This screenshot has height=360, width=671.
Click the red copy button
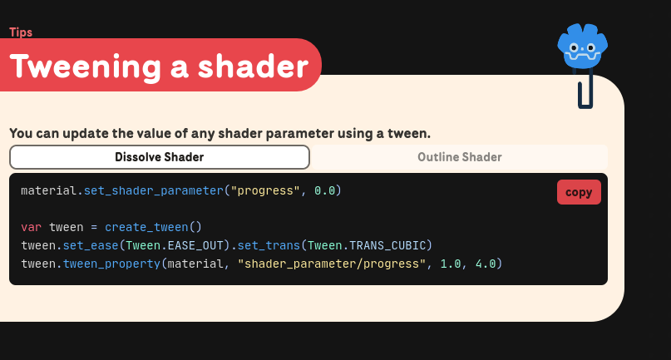[x=579, y=192]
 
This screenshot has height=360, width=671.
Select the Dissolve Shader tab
[x=159, y=157]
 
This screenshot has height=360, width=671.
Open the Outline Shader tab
[x=460, y=157]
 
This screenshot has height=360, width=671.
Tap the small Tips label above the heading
[x=21, y=32]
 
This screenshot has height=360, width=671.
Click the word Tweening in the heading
[x=85, y=67]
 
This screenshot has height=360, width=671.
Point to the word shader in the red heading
[x=253, y=67]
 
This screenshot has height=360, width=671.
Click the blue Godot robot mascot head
[x=582, y=46]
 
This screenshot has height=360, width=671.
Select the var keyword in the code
[x=32, y=227]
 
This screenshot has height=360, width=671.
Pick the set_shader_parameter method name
[x=154, y=191]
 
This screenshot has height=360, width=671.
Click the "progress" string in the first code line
[x=265, y=190]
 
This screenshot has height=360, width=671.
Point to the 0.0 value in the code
[x=324, y=190]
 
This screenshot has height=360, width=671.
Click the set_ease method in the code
[x=91, y=246]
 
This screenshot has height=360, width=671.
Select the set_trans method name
[x=269, y=246]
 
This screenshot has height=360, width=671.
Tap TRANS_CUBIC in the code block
[x=387, y=246]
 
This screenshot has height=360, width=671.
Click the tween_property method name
[x=111, y=264]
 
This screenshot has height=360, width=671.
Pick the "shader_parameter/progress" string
[x=331, y=264]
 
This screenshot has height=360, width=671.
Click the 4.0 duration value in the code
[x=486, y=264]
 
